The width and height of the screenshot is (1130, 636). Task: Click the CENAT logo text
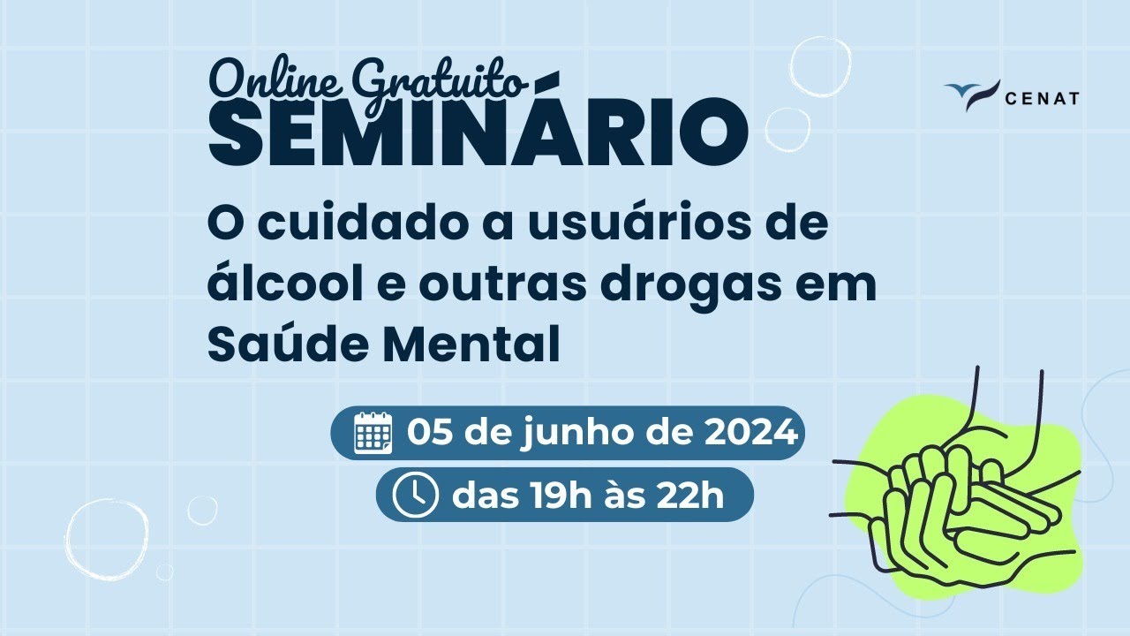[x=1042, y=98]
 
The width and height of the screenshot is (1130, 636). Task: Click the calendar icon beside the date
[x=373, y=433]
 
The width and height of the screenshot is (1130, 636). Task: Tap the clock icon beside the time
[x=415, y=496]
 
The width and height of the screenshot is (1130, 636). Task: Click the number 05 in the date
[x=431, y=433]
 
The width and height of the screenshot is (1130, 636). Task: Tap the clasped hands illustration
[x=962, y=495]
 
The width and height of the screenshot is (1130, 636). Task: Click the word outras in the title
[x=500, y=285]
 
